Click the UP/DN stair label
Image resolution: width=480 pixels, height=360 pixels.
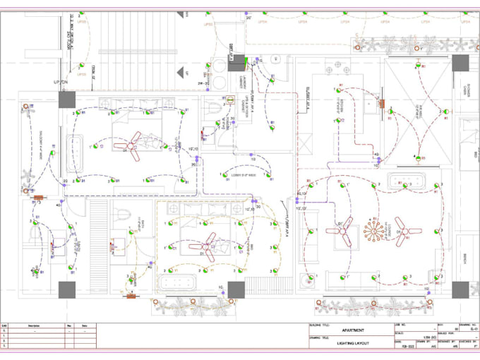(60, 83)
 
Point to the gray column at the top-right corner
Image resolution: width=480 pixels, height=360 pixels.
(460, 64)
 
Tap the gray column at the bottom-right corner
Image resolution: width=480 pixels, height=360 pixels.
(460, 289)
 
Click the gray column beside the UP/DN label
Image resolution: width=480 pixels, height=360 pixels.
(67, 99)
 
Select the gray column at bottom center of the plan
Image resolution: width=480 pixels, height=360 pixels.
(236, 289)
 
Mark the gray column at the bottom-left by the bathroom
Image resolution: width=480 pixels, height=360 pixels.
(67, 289)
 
